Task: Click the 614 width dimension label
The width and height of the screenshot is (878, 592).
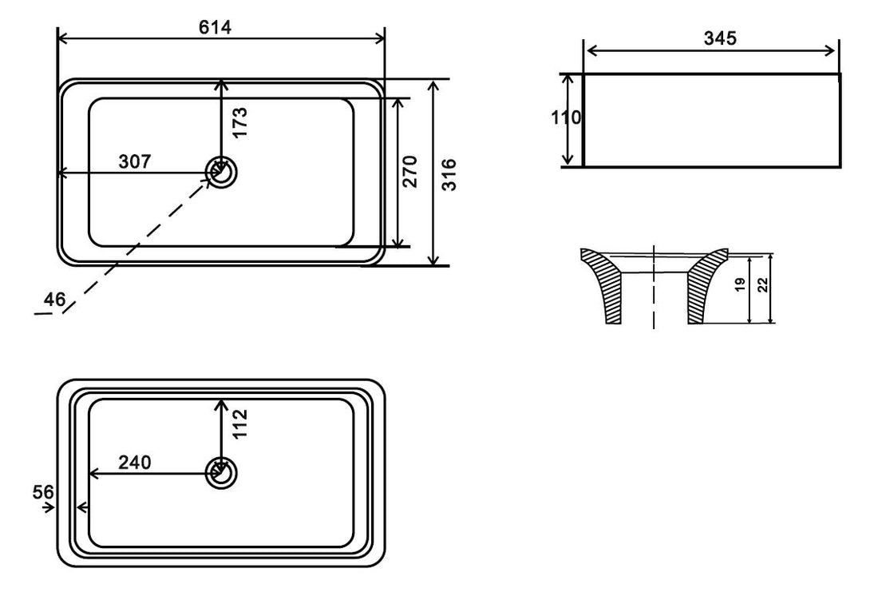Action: (215, 27)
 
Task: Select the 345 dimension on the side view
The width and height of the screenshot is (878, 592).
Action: (720, 38)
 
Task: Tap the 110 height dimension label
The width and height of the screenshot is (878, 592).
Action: (566, 118)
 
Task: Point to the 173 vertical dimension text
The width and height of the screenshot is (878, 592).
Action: (240, 122)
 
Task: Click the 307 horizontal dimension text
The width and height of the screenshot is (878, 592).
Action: (135, 162)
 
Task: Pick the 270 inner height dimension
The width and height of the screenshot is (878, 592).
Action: (410, 172)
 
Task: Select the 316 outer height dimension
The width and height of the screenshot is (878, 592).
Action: (449, 173)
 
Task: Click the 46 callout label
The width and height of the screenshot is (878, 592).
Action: (55, 300)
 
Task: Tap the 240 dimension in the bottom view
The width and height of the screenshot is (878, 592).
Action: (135, 462)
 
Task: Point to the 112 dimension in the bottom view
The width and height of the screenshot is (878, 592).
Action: (241, 423)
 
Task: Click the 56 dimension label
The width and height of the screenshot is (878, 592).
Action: (44, 491)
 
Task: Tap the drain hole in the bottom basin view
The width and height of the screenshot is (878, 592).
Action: (221, 474)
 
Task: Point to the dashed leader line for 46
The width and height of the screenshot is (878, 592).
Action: (136, 244)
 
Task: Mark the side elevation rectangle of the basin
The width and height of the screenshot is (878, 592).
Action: (712, 121)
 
